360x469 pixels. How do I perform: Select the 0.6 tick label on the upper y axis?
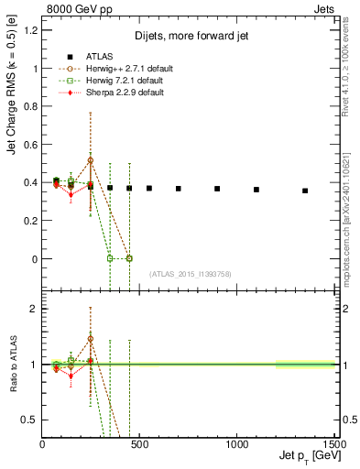(31, 145)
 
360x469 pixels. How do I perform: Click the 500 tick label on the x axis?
(139, 443)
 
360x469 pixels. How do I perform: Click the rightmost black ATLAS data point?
(305, 191)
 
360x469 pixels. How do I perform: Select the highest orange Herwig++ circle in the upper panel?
(90, 160)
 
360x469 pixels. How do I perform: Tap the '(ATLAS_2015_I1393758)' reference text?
(189, 274)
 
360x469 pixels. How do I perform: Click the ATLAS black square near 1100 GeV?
(256, 190)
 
